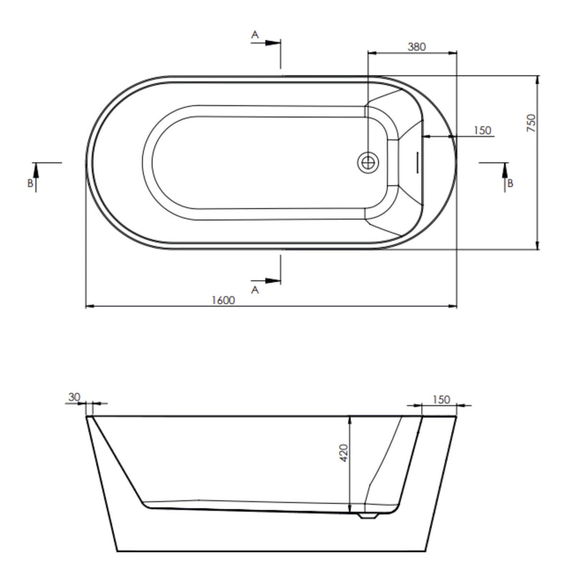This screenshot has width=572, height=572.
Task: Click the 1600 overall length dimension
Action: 222,300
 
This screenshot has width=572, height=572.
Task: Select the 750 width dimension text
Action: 531,124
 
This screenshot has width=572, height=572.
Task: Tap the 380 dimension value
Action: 416,47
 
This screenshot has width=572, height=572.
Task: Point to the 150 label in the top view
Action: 483,130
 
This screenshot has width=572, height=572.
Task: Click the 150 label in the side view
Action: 442,400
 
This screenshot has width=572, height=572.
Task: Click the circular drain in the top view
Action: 368,162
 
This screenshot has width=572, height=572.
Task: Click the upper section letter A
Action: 255,34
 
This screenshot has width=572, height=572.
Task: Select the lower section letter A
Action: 255,290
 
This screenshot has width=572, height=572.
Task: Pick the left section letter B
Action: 30,183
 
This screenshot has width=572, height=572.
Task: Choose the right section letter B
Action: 510,183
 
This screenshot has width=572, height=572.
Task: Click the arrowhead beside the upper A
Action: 274,42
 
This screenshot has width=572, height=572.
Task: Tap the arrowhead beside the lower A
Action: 274,280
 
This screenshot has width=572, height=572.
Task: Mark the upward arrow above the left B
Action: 34,169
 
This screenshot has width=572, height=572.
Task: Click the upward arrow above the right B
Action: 506,169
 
